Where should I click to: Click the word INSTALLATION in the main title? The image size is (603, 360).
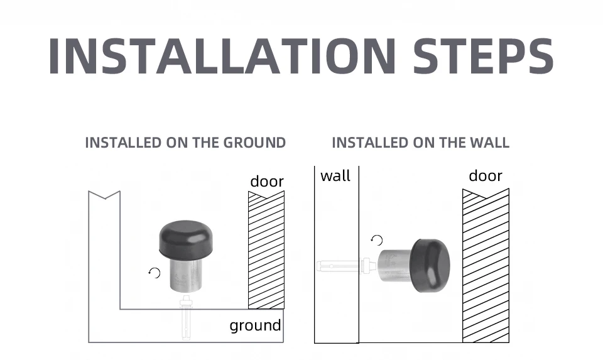(222, 56)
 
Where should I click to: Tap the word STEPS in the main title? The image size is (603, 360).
(484, 56)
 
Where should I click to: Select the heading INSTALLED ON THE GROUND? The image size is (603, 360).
(185, 143)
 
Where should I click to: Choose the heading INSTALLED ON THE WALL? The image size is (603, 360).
(421, 143)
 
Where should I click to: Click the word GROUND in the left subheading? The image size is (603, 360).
(254, 143)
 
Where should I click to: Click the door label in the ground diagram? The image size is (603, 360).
(267, 181)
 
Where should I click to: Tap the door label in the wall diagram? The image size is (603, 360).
(486, 176)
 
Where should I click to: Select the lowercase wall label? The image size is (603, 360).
(335, 176)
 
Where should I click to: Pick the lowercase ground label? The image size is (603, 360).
(256, 326)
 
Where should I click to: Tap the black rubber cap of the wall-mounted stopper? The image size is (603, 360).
(430, 265)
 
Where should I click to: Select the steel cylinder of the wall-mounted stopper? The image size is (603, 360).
(395, 265)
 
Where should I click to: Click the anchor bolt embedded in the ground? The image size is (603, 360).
(186, 317)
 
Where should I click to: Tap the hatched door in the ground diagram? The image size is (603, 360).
(266, 250)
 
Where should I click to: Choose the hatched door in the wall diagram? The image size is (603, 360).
(486, 265)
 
